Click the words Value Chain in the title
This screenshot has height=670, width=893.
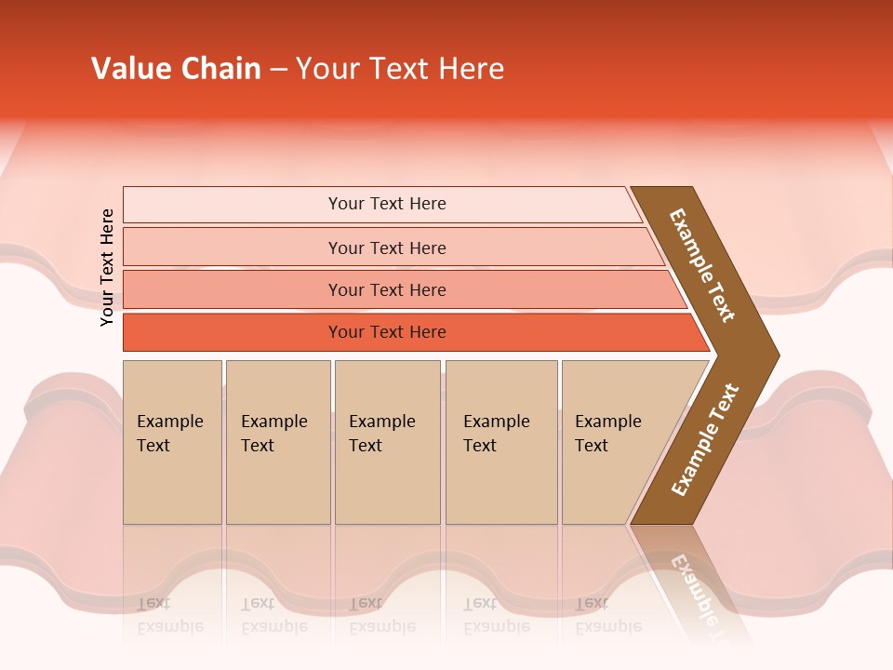[x=176, y=69]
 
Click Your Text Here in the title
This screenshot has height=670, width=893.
[x=400, y=69]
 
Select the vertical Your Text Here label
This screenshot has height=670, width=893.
[x=107, y=267]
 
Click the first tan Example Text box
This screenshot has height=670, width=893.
[x=172, y=442]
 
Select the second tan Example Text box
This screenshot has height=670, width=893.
[x=277, y=442]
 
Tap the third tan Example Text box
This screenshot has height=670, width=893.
[x=387, y=442]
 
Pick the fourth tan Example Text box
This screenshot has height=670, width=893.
[x=500, y=442]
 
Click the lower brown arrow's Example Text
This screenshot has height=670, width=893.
[x=705, y=440]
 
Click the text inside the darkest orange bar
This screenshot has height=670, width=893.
[x=387, y=332]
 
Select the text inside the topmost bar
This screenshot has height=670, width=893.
[x=387, y=204]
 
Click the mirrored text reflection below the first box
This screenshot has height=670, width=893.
[x=169, y=615]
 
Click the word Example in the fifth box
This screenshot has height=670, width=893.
[x=607, y=422]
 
